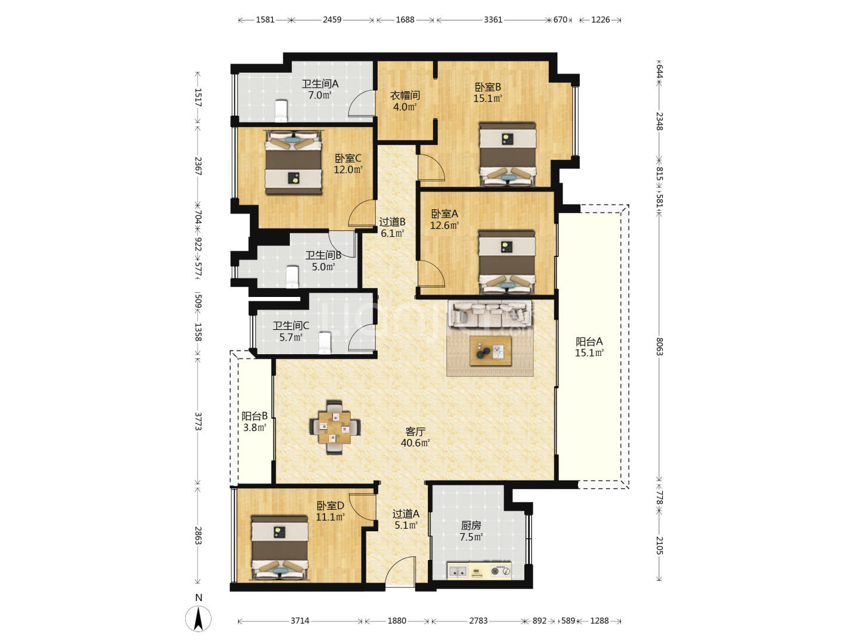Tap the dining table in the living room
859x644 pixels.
(x=334, y=428)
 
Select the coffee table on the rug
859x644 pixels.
(x=490, y=351)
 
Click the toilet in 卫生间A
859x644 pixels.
(x=280, y=111)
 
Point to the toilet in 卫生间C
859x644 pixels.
(x=325, y=343)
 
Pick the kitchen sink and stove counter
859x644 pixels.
(x=479, y=571)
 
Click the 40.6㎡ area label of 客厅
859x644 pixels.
(x=415, y=443)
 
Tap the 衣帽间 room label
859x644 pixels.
(x=405, y=95)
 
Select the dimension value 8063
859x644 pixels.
(x=659, y=346)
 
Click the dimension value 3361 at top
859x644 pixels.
(x=493, y=20)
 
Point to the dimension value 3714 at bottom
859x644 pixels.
(x=300, y=621)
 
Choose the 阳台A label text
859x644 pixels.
(x=589, y=341)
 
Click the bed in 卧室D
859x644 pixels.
(x=279, y=547)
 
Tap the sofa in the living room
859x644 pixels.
(x=490, y=313)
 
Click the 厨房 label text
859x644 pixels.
(x=471, y=525)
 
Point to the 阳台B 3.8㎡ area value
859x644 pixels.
(x=255, y=428)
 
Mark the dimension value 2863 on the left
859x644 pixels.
(x=198, y=535)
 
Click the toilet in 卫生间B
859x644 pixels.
(x=292, y=277)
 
